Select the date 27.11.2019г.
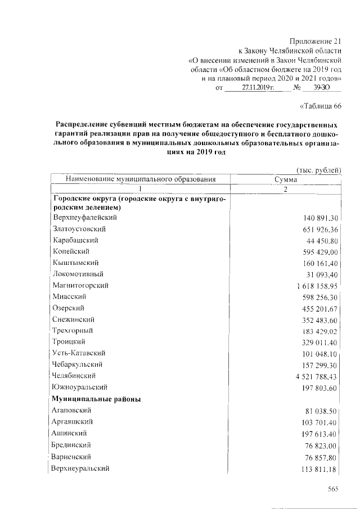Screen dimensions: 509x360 coord(258,88)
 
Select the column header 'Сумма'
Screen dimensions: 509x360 coord(285,179)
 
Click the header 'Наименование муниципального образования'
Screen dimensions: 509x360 coord(141,179)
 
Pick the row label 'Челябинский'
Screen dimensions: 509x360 coord(74,375)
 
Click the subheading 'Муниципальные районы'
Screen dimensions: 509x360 coord(96,399)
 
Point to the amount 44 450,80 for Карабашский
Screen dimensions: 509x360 coord(322,241)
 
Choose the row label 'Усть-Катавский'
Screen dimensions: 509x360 coord(79,353)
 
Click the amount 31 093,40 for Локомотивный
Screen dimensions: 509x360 coord(322,274)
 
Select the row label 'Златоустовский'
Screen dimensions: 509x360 coord(79,229)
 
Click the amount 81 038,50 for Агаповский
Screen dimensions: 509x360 coord(322,411)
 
